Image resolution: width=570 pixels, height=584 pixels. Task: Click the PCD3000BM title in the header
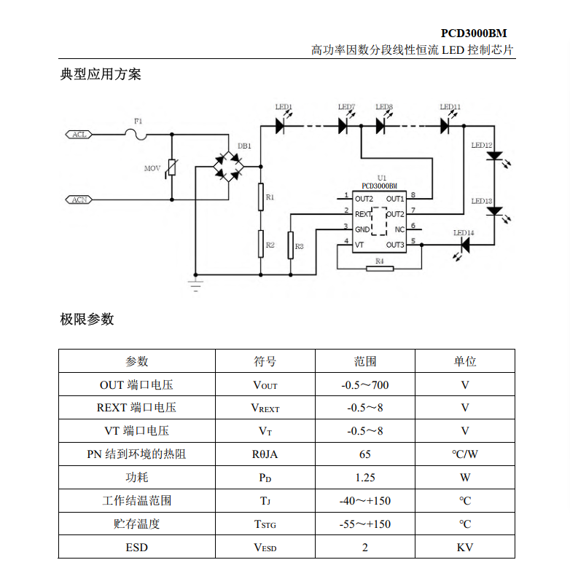[x=474, y=33]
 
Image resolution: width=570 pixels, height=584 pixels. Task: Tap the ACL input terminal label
[x=79, y=135]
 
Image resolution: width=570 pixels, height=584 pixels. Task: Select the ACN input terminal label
[x=79, y=199]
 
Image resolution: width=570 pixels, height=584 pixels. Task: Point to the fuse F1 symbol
[x=137, y=134]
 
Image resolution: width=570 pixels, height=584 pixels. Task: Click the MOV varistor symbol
[x=172, y=169]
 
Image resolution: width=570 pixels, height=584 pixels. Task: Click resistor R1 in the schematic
[x=260, y=197]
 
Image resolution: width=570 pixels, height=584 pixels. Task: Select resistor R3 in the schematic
[x=291, y=245]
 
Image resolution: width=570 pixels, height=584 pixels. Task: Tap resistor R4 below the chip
[x=379, y=269]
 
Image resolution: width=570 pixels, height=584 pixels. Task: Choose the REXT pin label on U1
[x=362, y=214]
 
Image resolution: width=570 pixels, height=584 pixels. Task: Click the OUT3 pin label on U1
[x=395, y=245]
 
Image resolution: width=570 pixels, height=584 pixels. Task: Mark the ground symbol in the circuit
[x=195, y=283]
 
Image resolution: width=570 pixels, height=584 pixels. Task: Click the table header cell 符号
[x=265, y=361]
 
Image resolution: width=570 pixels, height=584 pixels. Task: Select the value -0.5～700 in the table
[x=365, y=384]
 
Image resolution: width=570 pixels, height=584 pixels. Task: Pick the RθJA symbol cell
[x=265, y=454]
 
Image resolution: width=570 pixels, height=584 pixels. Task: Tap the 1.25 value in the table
[x=365, y=478]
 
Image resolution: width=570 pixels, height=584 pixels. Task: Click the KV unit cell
[x=465, y=547]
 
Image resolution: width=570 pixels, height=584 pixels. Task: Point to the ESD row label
[x=136, y=547]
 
